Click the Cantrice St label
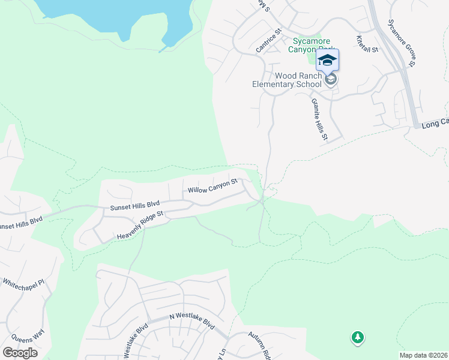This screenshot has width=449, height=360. (x=270, y=40)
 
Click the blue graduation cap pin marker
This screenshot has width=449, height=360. (x=327, y=60)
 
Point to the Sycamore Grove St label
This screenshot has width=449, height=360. (x=402, y=42)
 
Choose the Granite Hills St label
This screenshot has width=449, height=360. (x=319, y=120)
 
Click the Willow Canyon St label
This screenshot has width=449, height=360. (x=212, y=185)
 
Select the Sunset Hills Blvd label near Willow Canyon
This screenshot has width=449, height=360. (x=134, y=206)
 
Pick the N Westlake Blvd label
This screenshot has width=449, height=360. (x=191, y=323)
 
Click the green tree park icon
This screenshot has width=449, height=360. (x=357, y=338)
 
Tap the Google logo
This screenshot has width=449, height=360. (x=20, y=353)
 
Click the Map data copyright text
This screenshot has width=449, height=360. (x=423, y=355)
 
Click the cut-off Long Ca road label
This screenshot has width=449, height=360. (x=434, y=123)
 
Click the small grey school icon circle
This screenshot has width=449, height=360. (x=330, y=79)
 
